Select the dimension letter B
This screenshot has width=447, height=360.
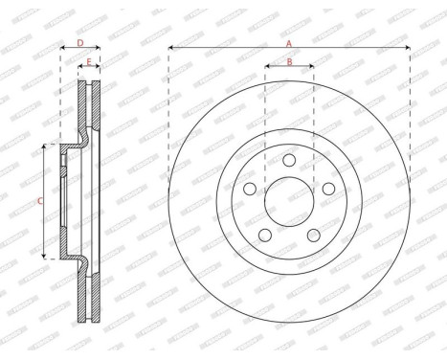[289, 62]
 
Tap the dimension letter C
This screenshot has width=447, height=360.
[39, 201]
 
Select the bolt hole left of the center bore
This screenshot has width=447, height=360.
[251, 190]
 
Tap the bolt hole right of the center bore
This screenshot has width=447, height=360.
[327, 190]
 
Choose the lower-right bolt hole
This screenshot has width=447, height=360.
[313, 236]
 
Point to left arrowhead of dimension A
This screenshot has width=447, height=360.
[171, 48]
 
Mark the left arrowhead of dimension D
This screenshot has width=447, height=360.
[63, 48]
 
